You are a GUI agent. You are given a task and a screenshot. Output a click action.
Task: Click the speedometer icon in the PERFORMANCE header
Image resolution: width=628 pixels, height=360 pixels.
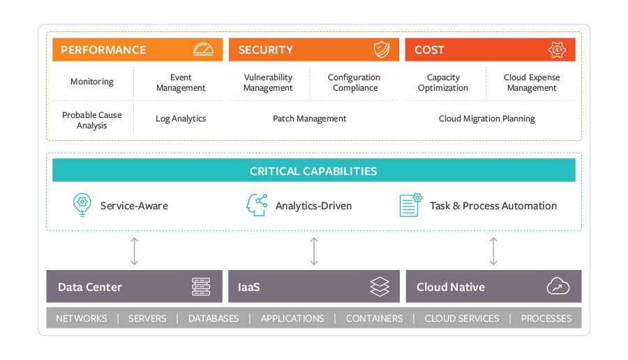click(x=203, y=50)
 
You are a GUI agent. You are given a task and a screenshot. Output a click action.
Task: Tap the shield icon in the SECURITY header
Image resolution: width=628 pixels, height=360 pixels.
click(x=381, y=50)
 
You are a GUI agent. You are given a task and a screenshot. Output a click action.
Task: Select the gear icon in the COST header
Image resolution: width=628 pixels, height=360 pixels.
click(x=557, y=50)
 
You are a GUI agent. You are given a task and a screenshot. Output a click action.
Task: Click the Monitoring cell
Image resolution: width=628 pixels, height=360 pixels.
click(x=91, y=82)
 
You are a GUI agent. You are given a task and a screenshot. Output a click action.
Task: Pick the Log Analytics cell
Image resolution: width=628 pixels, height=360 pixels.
click(x=181, y=119)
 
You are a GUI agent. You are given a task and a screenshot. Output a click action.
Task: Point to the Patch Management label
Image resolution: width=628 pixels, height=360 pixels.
click(x=309, y=119)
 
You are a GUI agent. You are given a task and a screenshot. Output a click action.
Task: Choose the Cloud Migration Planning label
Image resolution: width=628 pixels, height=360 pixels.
click(x=486, y=119)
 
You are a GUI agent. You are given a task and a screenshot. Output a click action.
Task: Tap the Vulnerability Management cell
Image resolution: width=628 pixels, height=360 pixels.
click(x=268, y=82)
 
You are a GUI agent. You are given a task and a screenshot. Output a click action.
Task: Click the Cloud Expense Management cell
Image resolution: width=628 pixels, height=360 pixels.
click(x=531, y=82)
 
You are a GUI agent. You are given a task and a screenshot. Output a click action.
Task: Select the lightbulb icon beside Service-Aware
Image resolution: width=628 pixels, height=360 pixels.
click(x=82, y=205)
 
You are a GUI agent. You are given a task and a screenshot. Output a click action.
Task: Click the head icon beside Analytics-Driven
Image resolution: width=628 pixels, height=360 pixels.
click(x=257, y=205)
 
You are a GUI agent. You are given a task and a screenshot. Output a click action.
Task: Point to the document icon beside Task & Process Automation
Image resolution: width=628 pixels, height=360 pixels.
click(x=410, y=205)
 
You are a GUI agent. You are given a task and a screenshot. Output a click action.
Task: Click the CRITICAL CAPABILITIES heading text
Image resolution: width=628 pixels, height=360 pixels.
click(x=313, y=171)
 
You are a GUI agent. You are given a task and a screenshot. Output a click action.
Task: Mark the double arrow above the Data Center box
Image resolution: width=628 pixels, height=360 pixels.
click(x=135, y=251)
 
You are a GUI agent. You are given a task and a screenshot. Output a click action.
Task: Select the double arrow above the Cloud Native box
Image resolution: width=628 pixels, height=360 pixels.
click(x=493, y=251)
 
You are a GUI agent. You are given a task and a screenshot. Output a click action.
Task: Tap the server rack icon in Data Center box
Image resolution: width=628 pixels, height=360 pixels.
click(x=201, y=287)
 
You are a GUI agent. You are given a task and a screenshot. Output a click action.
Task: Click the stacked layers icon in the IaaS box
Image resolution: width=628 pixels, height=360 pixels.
click(x=380, y=287)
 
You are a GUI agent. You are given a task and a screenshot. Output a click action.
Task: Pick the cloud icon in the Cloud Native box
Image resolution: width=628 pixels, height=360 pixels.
click(x=558, y=287)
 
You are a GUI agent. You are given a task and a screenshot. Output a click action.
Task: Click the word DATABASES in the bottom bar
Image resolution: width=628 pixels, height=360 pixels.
click(x=214, y=318)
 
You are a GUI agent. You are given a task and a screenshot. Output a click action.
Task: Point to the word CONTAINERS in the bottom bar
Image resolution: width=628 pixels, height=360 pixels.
click(x=374, y=318)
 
